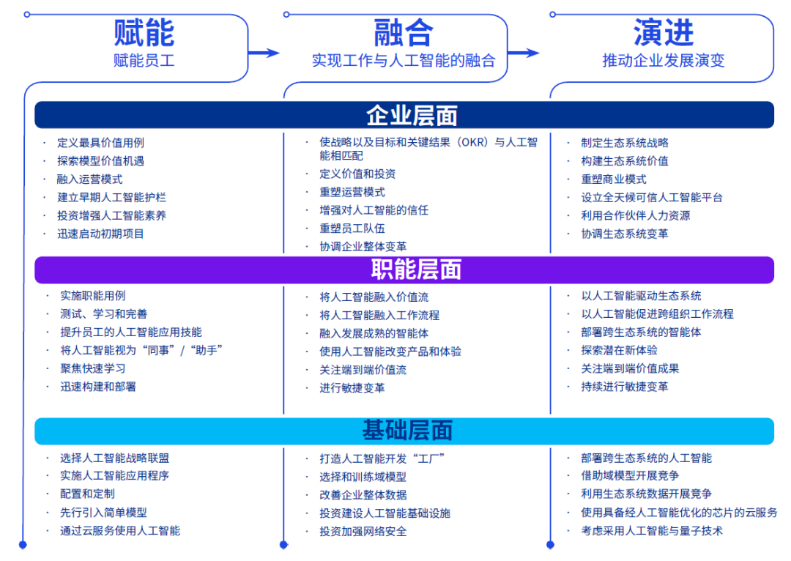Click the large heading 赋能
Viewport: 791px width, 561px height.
tap(144, 33)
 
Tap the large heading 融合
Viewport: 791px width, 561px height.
tap(403, 33)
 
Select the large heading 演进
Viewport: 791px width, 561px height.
tap(663, 33)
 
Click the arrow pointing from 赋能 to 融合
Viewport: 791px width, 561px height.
tap(264, 52)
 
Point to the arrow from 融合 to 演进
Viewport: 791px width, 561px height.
tap(524, 52)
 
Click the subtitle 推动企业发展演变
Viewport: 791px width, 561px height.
tap(663, 61)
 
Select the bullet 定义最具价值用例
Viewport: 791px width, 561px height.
tap(100, 143)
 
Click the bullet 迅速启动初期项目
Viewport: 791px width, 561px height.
tap(100, 234)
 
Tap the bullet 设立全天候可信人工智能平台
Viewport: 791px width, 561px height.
tap(652, 197)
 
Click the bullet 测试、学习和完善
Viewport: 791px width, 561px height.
tap(103, 314)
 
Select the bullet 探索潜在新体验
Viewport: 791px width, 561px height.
tap(619, 350)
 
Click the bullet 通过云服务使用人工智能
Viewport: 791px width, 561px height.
tap(120, 530)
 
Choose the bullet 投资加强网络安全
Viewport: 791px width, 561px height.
tap(363, 531)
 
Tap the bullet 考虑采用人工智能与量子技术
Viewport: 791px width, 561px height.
tap(652, 530)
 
